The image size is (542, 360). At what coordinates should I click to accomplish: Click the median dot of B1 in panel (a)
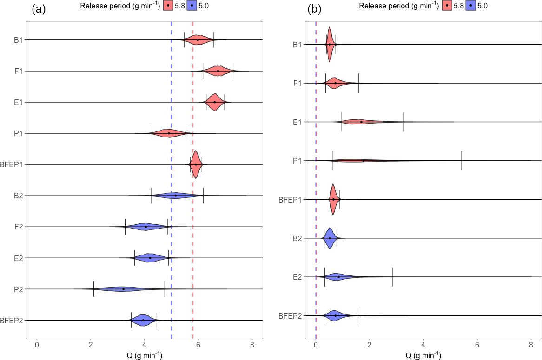coord(198,40)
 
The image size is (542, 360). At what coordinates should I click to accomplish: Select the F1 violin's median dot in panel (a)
coord(218,71)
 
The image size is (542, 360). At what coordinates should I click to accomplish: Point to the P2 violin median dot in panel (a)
coord(123,289)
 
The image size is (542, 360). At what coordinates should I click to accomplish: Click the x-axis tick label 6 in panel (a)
coord(198,346)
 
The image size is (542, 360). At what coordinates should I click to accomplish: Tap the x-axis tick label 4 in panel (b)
coord(423,346)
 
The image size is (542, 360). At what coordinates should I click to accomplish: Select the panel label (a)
coord(39,9)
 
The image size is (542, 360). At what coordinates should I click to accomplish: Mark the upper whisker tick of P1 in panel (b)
coord(461,161)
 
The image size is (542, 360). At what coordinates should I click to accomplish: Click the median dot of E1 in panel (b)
coord(361,122)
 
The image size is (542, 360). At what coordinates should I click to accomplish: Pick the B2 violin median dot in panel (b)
coord(330,238)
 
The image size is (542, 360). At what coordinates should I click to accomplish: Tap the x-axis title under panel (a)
coord(144,355)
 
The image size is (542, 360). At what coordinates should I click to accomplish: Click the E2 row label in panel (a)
coord(19,258)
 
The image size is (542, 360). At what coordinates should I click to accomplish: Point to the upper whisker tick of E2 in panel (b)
coord(392,277)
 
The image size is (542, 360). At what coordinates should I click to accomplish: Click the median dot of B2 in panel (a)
coord(176,196)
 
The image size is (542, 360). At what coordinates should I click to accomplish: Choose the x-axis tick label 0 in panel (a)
coord(37,346)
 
